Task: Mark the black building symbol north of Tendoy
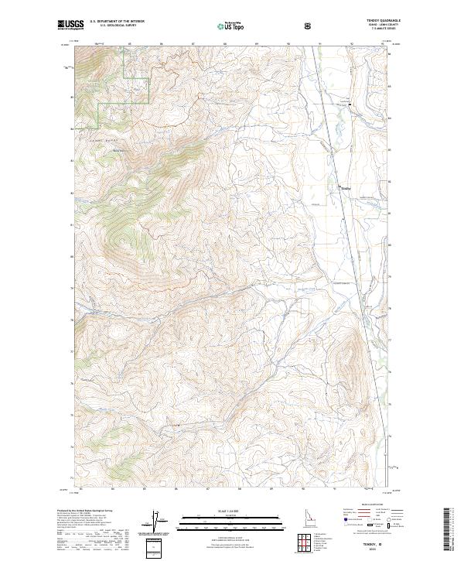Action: coord(349,104)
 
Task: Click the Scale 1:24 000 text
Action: coord(231,511)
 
